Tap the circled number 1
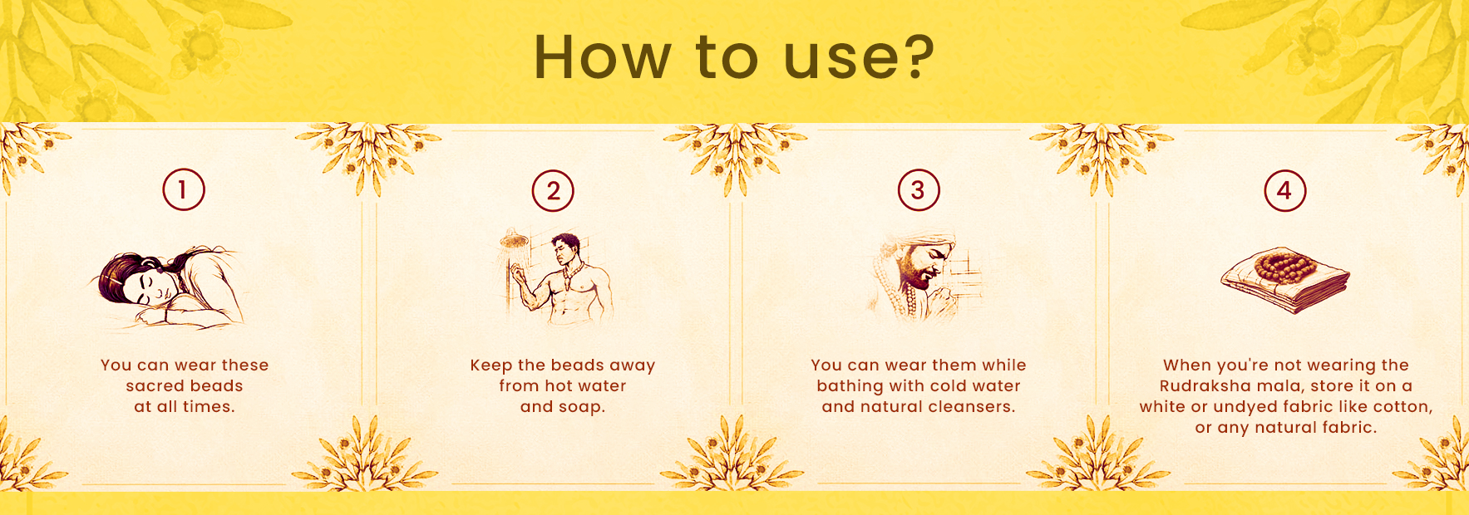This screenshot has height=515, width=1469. (184, 189)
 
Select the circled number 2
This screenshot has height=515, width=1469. (553, 190)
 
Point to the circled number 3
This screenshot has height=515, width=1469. (919, 190)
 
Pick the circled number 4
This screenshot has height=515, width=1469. (1285, 190)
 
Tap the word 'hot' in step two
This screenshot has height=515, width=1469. (559, 385)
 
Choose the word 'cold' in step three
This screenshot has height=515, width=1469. (947, 385)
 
